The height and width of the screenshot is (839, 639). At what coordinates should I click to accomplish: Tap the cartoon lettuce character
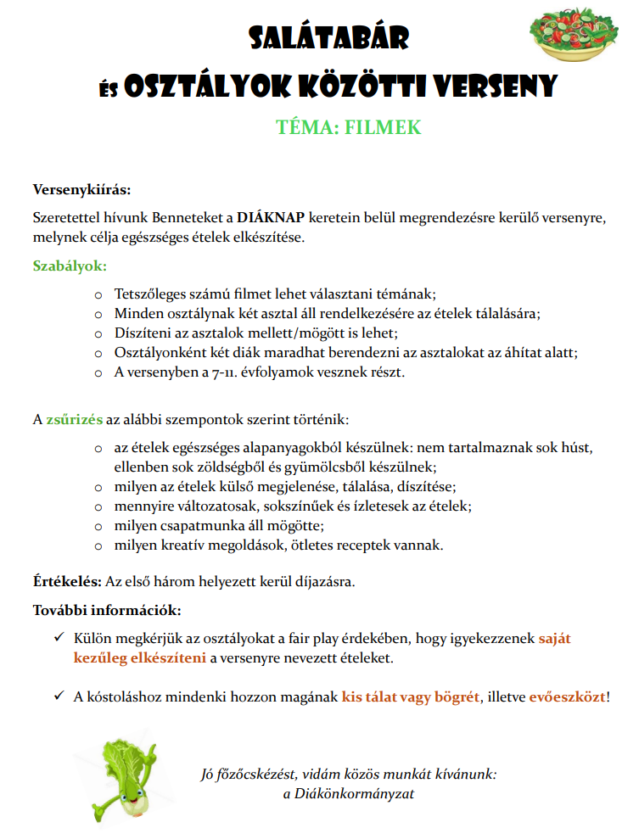(127, 777)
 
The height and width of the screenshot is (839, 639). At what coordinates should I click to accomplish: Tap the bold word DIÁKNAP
(270, 216)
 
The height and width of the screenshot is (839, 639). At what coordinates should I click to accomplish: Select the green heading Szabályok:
(70, 265)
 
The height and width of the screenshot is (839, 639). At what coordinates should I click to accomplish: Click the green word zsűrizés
(75, 420)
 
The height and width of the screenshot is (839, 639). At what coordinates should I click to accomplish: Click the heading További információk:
(106, 610)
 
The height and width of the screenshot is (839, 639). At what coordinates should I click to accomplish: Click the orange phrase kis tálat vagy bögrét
(411, 697)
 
